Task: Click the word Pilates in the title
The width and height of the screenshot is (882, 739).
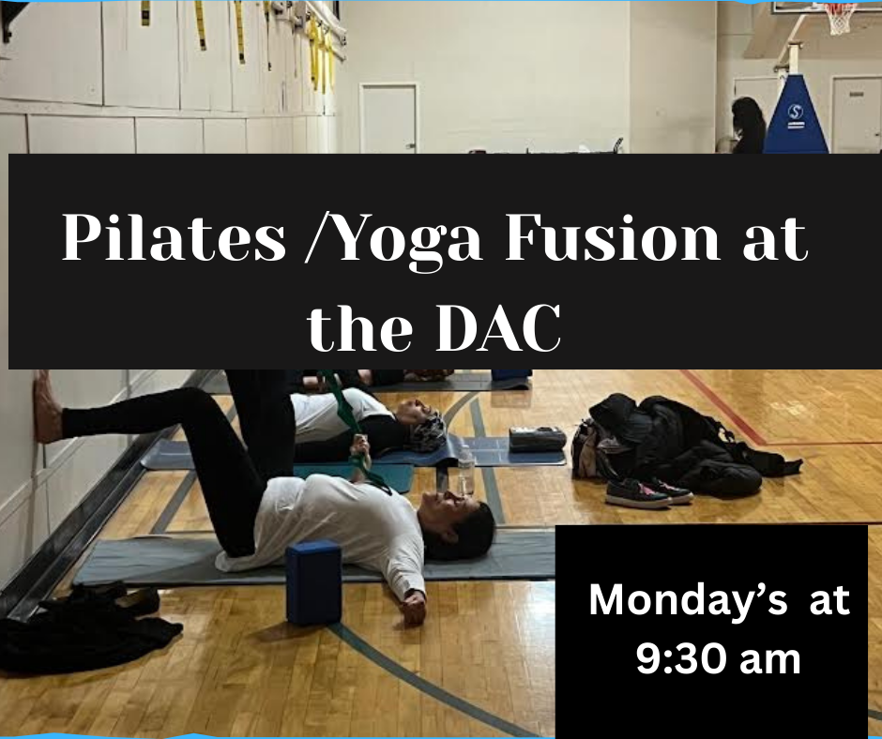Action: point(174,236)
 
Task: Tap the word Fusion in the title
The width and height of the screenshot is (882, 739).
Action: point(613,236)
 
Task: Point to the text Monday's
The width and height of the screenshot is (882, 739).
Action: point(688,600)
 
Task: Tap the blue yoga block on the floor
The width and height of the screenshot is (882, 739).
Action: point(313,581)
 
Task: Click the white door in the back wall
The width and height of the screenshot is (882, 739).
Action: point(388,119)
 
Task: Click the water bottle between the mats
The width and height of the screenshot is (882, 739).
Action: point(466,472)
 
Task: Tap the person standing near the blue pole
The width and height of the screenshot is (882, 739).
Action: point(748,126)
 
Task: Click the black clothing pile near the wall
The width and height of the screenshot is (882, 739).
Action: point(84,627)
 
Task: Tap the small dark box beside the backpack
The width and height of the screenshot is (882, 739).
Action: point(537,439)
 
